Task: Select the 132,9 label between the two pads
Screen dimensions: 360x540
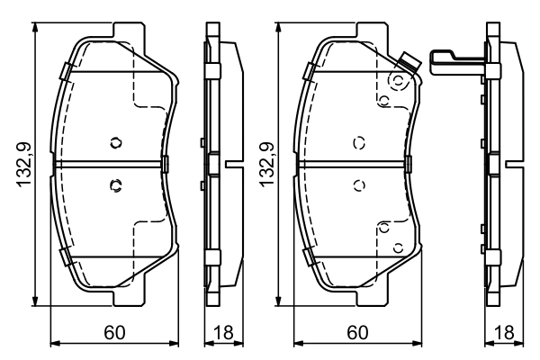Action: [x=268, y=165]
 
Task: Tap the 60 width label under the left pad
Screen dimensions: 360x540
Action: [x=113, y=332]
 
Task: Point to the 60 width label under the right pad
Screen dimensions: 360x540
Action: [x=356, y=332]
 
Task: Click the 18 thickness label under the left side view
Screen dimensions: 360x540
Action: [x=220, y=332]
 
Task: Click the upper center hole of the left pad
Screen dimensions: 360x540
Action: [x=114, y=142]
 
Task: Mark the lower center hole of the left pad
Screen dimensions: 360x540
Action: [x=114, y=186]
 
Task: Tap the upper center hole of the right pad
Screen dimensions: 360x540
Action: [x=358, y=142]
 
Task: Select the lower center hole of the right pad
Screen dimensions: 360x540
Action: [x=358, y=186]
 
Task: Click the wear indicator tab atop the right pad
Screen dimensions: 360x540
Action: [x=409, y=63]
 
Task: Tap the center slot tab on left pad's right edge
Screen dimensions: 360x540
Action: [x=166, y=164]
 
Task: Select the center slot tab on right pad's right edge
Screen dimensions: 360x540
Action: [x=409, y=164]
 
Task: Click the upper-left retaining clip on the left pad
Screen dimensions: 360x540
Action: [x=63, y=72]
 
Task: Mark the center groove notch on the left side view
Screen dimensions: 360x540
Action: [x=231, y=165]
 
